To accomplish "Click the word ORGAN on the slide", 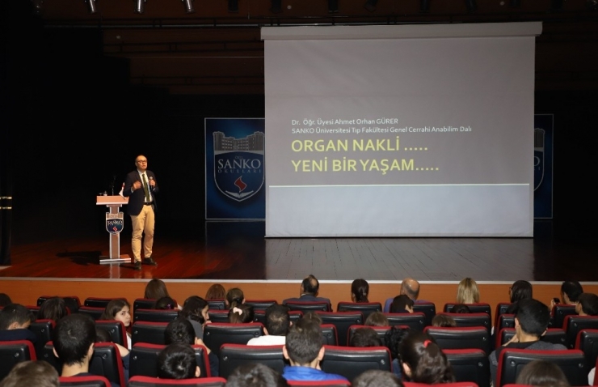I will (x=312, y=145).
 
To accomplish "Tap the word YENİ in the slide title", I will (x=308, y=165).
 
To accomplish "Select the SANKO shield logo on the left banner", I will (x=238, y=167).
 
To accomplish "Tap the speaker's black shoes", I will (x=142, y=262).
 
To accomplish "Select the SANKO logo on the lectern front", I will (x=114, y=223).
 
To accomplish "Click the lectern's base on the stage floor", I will (x=114, y=259).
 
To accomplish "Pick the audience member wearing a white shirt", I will (x=275, y=329).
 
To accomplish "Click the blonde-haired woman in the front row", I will (x=466, y=293).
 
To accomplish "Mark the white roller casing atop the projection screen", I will (x=400, y=30).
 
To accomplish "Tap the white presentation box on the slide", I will (x=398, y=210).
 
